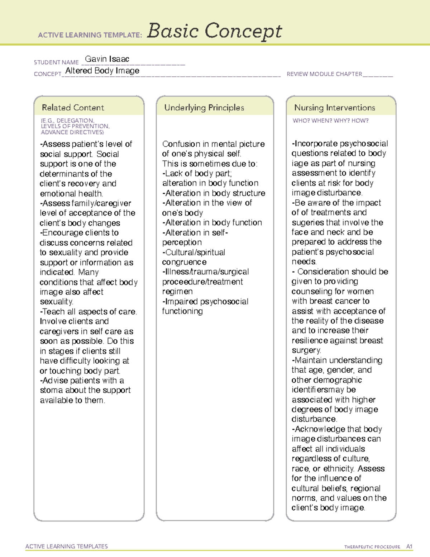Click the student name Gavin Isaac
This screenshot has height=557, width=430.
tap(107, 59)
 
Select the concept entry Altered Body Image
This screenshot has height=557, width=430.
tap(102, 71)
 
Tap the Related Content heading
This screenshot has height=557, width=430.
tap(73, 108)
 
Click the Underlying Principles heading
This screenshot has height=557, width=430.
tap(204, 108)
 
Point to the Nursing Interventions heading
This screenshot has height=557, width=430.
tap(334, 108)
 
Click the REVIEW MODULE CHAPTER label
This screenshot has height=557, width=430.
tap(324, 74)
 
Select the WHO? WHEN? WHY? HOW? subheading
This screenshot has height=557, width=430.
tap(330, 121)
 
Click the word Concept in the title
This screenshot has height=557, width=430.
tap(243, 32)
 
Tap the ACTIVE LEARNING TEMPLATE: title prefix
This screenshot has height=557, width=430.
tap(90, 35)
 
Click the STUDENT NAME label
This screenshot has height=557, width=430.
tap(56, 62)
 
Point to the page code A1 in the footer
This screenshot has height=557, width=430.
tap(409, 547)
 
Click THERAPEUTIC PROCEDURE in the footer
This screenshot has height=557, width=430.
tap(372, 547)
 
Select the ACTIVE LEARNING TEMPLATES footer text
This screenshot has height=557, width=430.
tap(67, 546)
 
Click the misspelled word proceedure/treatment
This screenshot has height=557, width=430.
tap(202, 282)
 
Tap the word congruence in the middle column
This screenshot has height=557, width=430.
tap(184, 262)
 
